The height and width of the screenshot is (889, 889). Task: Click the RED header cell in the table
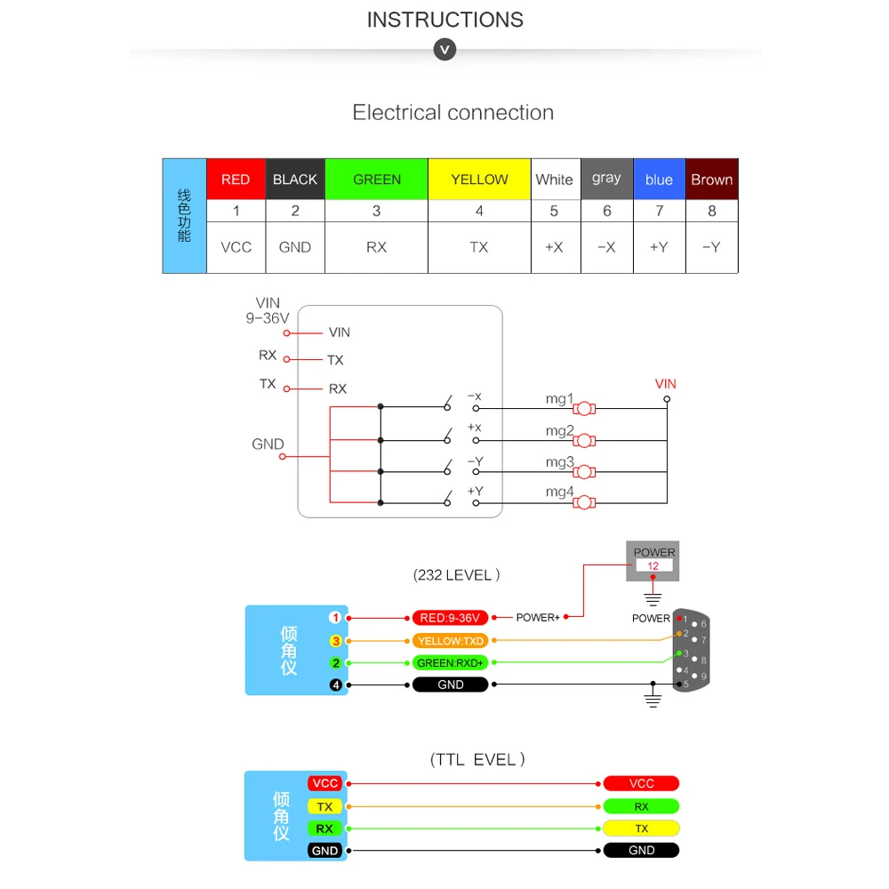(x=236, y=179)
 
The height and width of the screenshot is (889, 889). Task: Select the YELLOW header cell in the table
(x=479, y=179)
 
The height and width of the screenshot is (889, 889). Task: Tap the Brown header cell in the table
(x=712, y=179)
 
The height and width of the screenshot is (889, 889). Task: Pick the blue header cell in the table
(x=659, y=179)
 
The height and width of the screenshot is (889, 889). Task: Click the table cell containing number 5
(x=554, y=211)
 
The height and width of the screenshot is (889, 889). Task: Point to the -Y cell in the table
(x=711, y=247)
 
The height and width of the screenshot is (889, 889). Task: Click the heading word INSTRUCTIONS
(x=444, y=20)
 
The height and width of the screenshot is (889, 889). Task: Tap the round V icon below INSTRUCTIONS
(x=444, y=49)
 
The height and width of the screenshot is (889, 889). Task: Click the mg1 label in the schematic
(x=559, y=399)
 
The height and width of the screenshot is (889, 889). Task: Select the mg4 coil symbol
(x=584, y=502)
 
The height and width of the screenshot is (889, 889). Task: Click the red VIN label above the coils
(x=665, y=384)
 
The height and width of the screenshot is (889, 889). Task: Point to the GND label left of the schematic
(x=268, y=444)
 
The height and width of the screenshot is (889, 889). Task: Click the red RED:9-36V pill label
(x=450, y=618)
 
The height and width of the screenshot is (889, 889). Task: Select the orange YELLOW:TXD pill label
(x=450, y=640)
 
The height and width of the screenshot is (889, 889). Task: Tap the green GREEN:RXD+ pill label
(x=450, y=662)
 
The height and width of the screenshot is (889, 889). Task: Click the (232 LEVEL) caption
(x=457, y=575)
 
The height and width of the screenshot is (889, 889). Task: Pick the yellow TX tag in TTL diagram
(x=324, y=806)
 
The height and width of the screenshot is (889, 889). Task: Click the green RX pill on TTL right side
(x=641, y=806)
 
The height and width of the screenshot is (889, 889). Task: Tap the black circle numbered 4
(x=335, y=685)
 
